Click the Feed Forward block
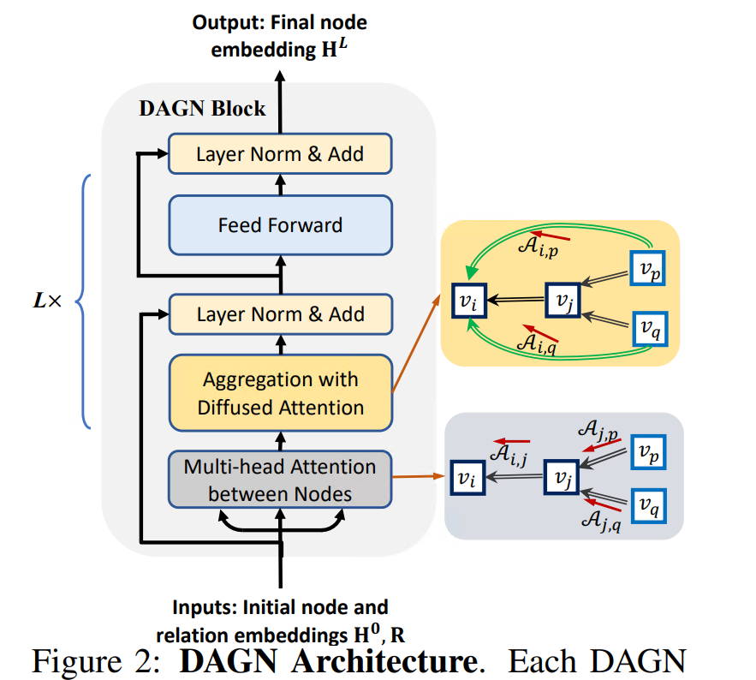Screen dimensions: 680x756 280,226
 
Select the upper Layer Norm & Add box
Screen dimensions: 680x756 280,155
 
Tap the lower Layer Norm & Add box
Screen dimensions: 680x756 280,314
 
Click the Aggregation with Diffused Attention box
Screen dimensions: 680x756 280,393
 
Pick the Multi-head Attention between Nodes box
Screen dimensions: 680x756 280,480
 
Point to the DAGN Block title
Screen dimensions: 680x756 202,110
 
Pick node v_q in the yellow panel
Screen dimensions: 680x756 648,327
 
